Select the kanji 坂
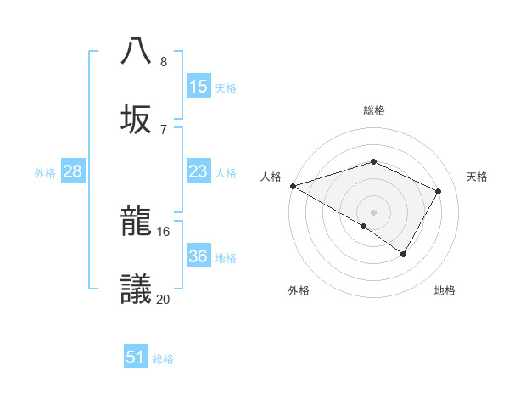tap(137, 119)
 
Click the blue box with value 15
tap(199, 87)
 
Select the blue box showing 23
tap(199, 171)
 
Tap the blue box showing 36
tap(199, 256)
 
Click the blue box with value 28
tap(73, 171)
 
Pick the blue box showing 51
tap(136, 357)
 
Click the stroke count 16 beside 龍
tap(164, 231)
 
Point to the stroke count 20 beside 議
tap(164, 299)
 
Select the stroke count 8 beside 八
tap(163, 61)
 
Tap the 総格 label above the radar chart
tap(374, 110)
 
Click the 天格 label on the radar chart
tap(477, 177)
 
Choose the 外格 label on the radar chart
tap(299, 290)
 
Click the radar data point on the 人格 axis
tap(293, 186)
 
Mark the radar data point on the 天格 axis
tap(438, 191)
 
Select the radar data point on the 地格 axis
tap(404, 254)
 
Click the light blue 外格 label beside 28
tap(45, 172)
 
